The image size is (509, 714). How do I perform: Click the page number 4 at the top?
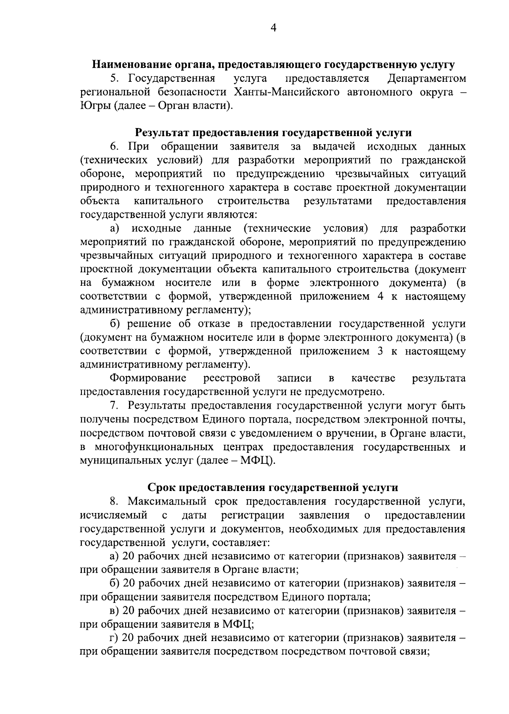274,28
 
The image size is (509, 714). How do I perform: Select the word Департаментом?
427,78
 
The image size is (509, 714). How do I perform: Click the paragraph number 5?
114,78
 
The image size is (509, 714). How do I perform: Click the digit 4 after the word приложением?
380,296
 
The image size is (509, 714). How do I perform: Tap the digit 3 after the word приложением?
380,351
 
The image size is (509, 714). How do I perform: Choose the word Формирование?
148,378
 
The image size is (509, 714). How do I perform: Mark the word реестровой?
232,378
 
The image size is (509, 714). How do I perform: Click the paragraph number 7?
114,405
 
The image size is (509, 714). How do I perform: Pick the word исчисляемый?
114,516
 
